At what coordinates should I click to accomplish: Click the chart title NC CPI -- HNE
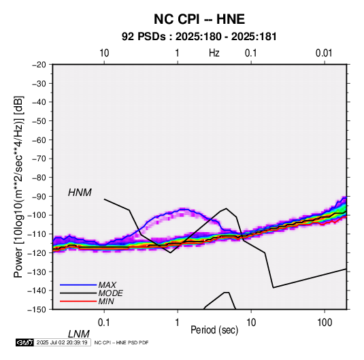coord(199,19)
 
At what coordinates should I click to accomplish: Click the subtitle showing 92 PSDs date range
coord(199,37)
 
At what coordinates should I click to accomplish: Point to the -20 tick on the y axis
coord(39,65)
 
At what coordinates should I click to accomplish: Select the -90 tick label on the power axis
coord(39,197)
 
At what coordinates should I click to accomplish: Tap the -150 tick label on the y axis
coord(37,310)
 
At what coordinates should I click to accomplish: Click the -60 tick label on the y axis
coord(39,140)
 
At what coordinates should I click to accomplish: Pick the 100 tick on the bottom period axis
coord(325,323)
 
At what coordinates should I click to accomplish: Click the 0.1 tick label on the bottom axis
coord(104,323)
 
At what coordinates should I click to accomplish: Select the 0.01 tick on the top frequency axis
coord(324,53)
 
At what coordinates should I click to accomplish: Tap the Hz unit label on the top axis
coord(214,53)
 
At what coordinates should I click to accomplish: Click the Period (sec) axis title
coord(214,330)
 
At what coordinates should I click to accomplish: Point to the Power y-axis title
coord(18,187)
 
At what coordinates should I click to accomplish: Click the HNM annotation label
coord(80,193)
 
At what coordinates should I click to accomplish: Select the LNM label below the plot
coord(78,334)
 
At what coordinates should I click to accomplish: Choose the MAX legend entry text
coord(107,285)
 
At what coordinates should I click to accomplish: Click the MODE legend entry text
coord(110,293)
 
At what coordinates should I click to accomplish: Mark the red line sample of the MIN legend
coord(78,301)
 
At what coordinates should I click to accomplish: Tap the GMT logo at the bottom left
coord(24,342)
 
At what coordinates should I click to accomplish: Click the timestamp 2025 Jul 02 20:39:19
coord(62,342)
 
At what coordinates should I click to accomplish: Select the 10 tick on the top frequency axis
coord(104,53)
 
